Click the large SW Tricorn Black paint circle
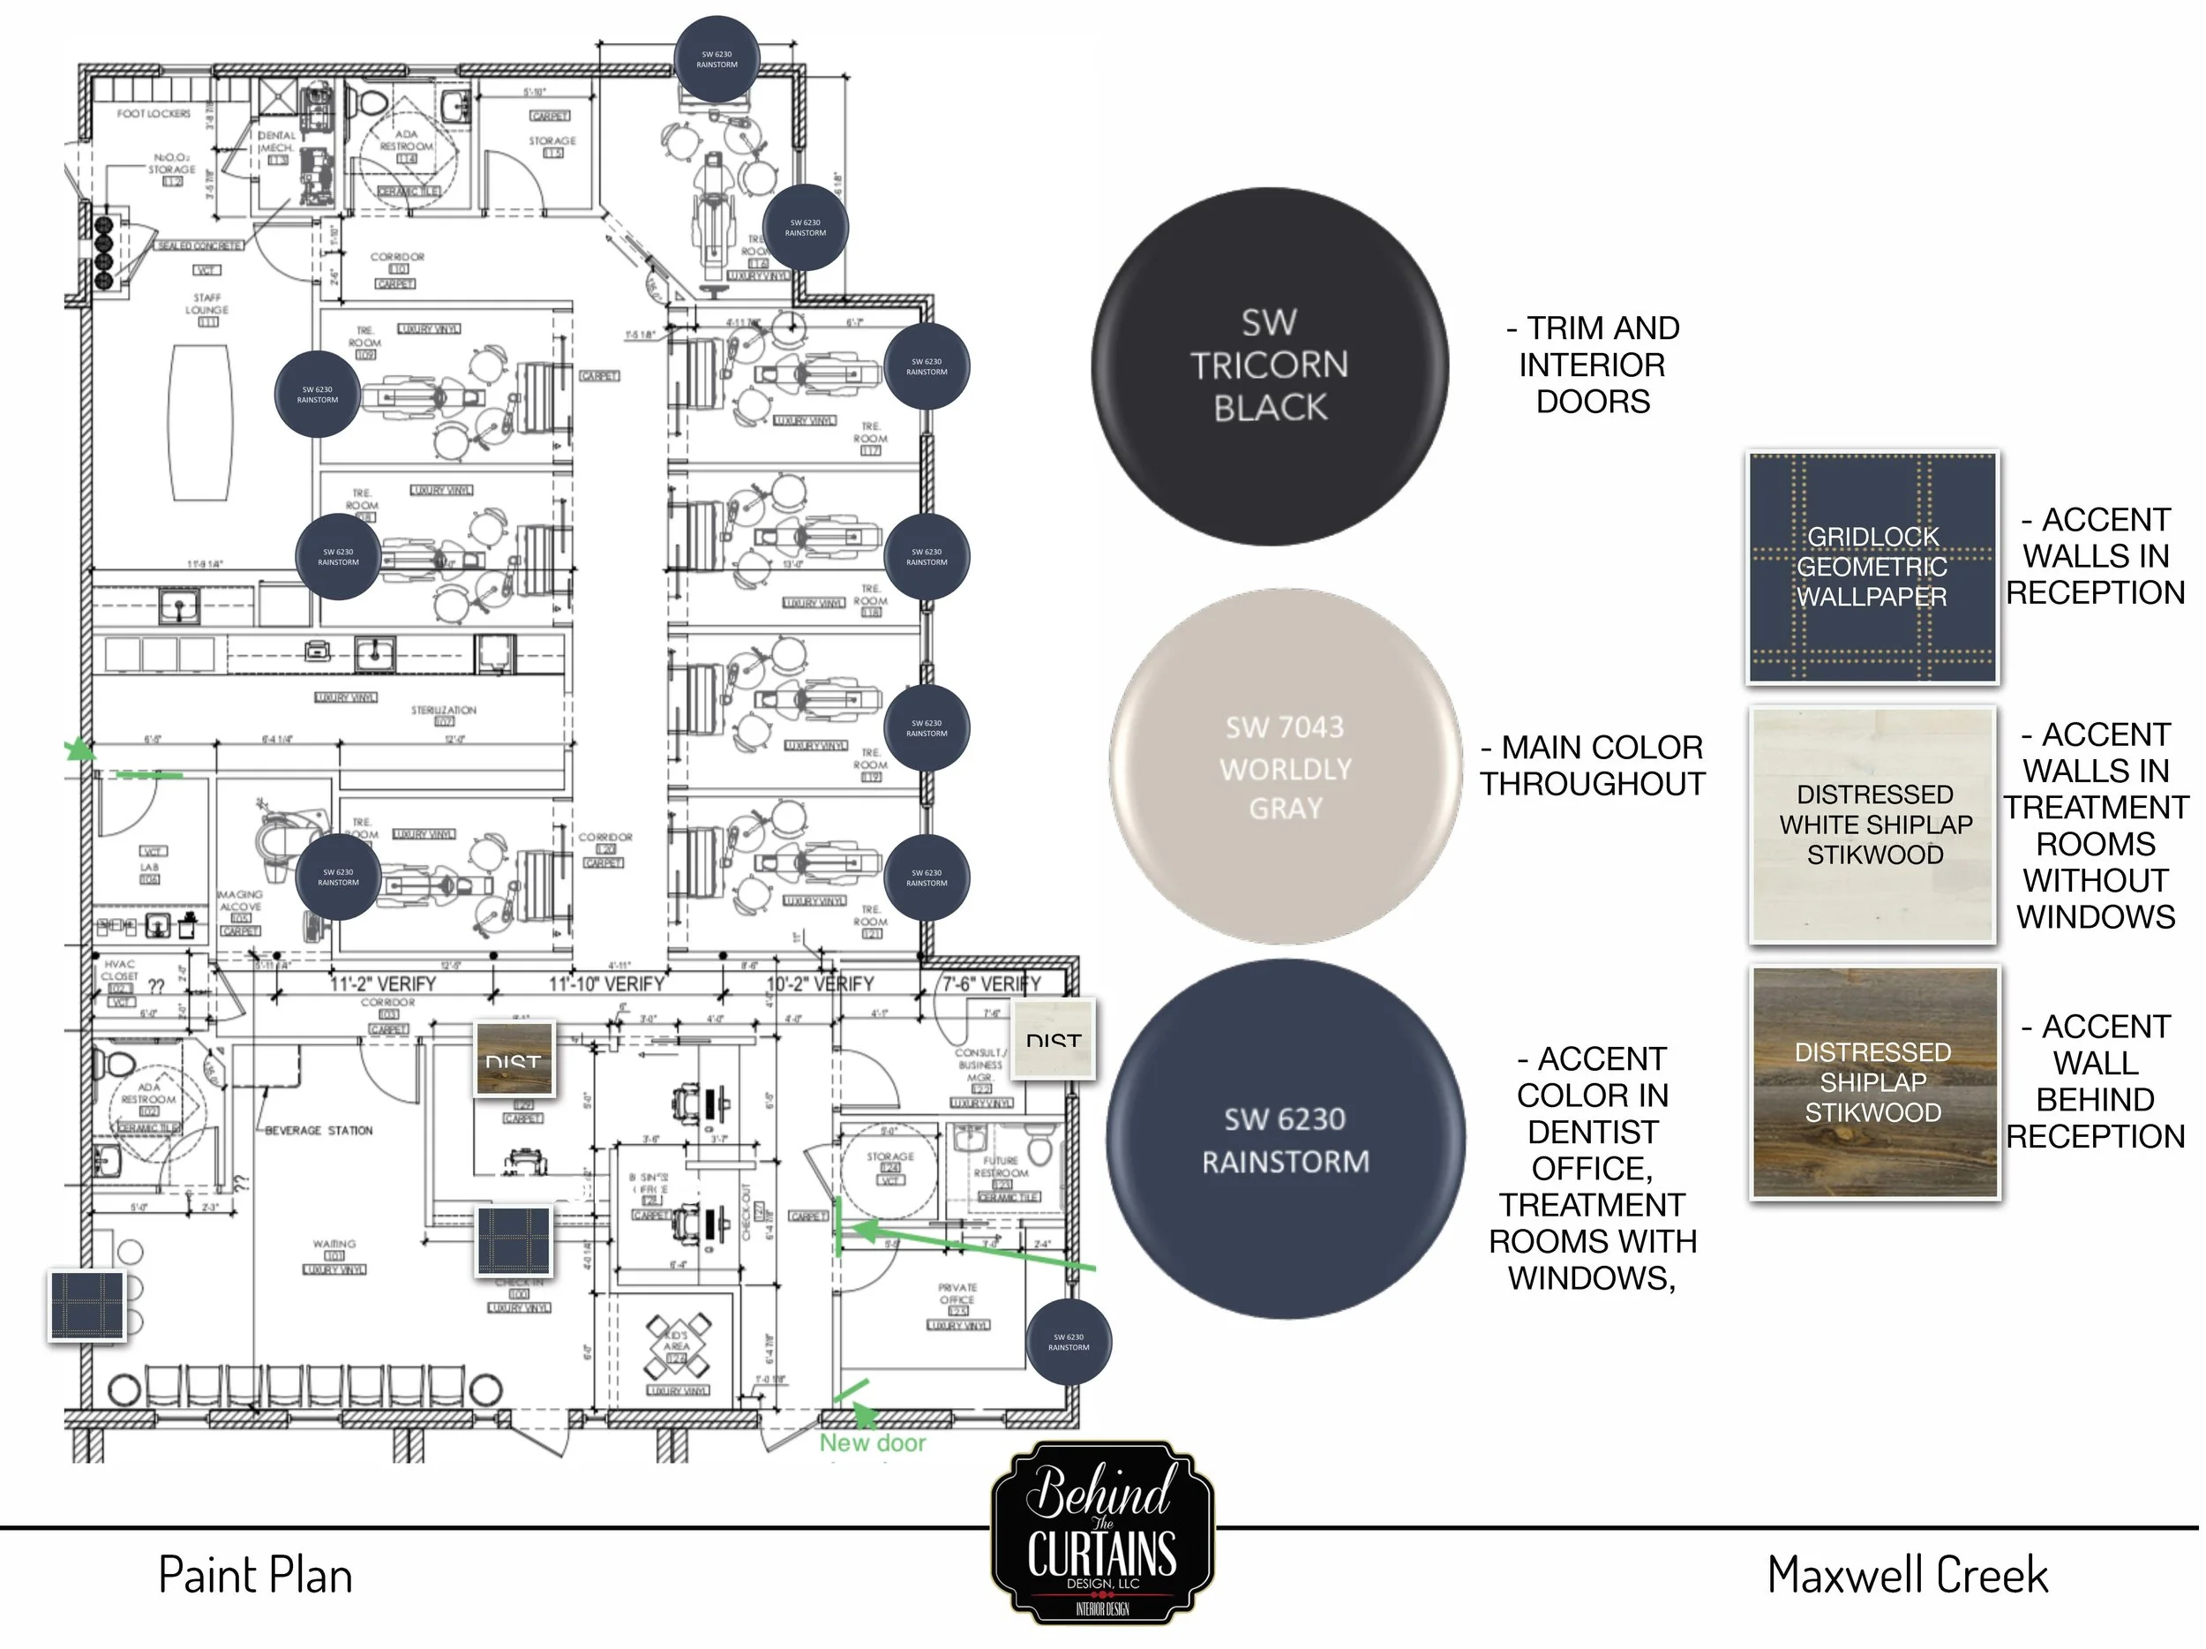pos(1269,365)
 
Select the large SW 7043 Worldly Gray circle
pos(1285,766)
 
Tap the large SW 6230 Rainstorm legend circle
pos(1285,1140)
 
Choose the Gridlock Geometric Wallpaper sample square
pos(1872,567)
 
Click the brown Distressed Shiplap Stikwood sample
pos(1874,1082)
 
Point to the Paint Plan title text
pos(255,1577)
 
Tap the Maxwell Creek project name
pos(1907,1575)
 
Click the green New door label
pos(873,1442)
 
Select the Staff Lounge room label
pos(206,305)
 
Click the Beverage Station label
pos(319,1130)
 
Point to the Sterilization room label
pos(444,711)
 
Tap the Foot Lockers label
pos(154,114)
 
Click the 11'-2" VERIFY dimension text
pos(383,984)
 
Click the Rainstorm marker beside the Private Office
pos(1068,1342)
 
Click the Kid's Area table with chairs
pos(679,1344)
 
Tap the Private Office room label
pos(957,1294)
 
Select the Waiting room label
pos(334,1244)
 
